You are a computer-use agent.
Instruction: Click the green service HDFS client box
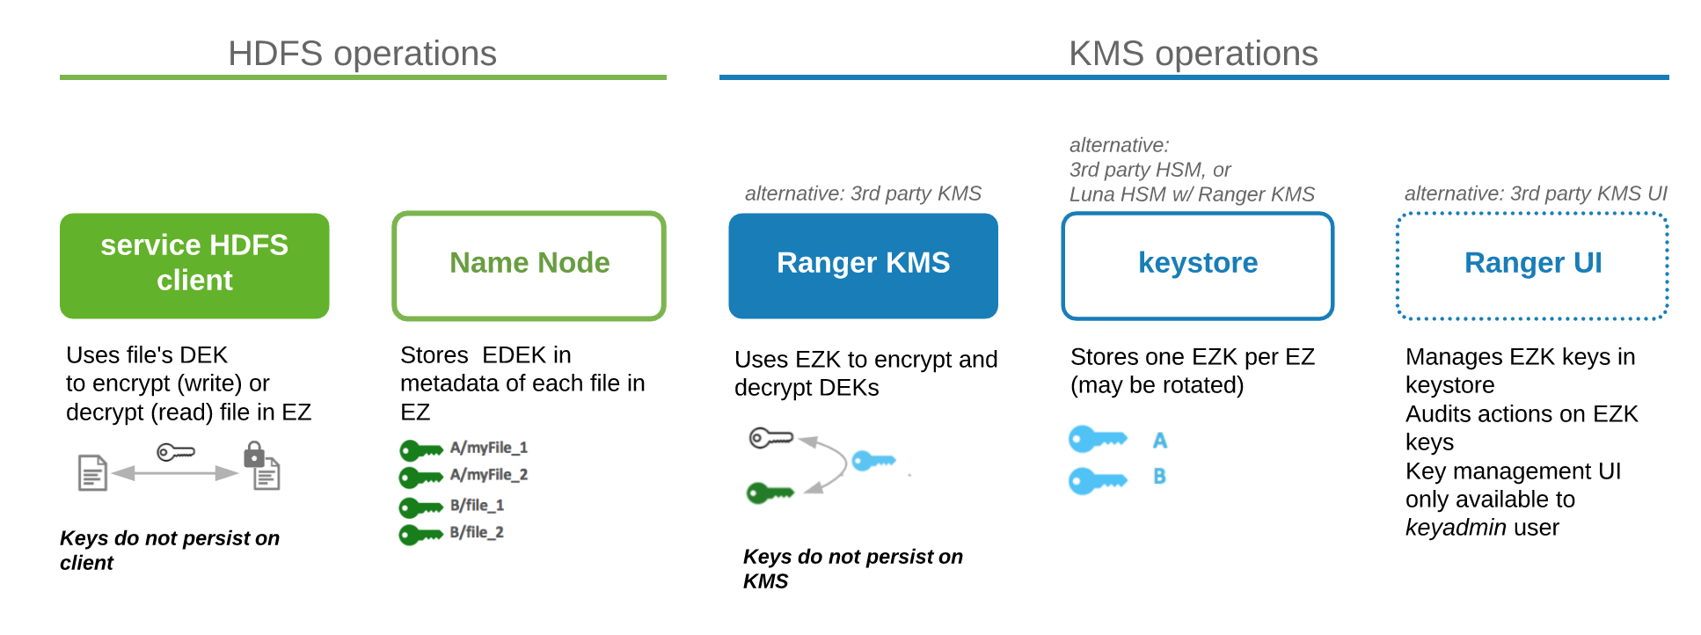(x=194, y=265)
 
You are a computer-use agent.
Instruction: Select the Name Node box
(x=529, y=265)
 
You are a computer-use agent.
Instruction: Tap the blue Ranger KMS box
(x=863, y=265)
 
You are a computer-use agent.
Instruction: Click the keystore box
(x=1197, y=265)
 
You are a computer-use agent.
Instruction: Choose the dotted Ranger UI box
(x=1532, y=265)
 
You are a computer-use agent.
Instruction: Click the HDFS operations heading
(x=362, y=54)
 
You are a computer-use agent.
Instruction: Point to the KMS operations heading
(x=1193, y=54)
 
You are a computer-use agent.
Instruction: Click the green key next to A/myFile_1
(x=420, y=450)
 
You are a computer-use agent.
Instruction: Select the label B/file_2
(x=477, y=532)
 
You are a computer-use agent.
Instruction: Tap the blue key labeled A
(x=1096, y=438)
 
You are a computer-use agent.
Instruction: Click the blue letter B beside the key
(x=1159, y=477)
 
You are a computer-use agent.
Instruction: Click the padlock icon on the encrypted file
(x=254, y=454)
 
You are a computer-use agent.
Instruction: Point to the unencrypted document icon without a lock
(x=92, y=473)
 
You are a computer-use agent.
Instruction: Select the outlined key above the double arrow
(x=175, y=452)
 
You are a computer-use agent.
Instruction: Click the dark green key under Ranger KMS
(x=770, y=493)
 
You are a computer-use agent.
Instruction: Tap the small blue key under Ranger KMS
(x=872, y=460)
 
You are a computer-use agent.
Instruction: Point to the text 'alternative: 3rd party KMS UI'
(x=1535, y=193)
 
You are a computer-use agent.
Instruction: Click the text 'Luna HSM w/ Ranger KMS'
(x=1192, y=194)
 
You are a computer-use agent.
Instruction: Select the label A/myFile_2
(x=489, y=475)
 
